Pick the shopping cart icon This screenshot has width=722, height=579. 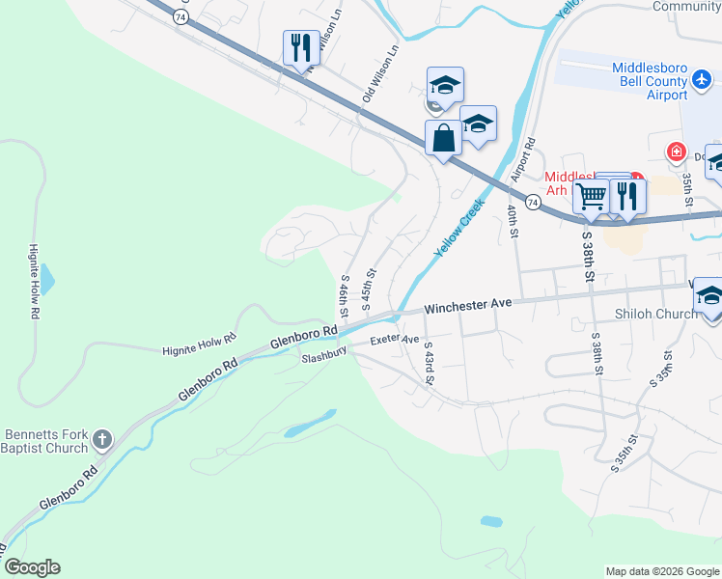click(x=591, y=196)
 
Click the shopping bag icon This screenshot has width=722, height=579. click(x=443, y=137)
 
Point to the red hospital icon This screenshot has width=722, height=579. click(x=677, y=152)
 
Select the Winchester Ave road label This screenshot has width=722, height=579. click(x=467, y=304)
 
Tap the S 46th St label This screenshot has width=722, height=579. click(x=344, y=296)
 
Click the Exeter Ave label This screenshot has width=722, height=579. click(x=396, y=340)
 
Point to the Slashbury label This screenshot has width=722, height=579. click(x=323, y=356)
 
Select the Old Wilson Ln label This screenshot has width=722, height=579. click(x=378, y=73)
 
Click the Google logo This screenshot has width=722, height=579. click(x=32, y=567)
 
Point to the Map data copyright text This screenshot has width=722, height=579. click(x=662, y=571)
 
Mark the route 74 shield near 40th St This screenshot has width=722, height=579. click(x=533, y=202)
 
